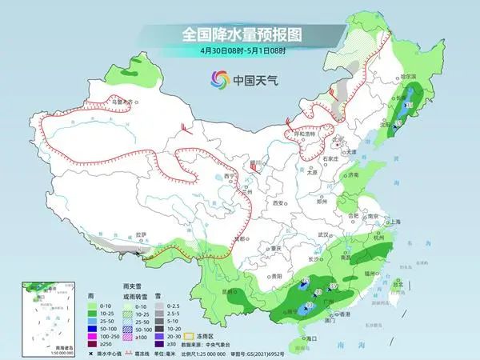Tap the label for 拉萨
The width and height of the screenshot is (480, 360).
tap(141, 234)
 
